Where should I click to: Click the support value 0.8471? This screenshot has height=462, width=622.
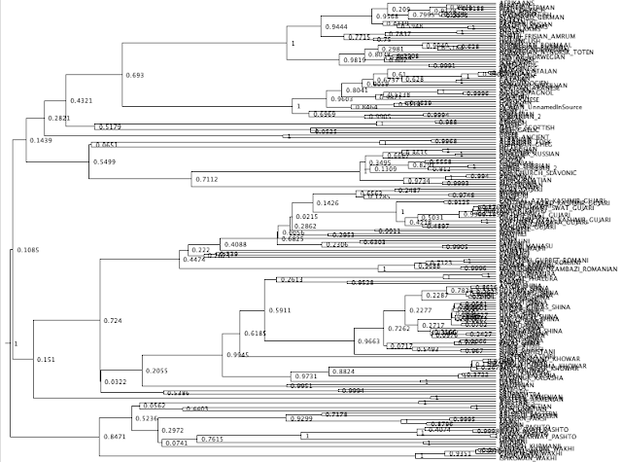114,439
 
